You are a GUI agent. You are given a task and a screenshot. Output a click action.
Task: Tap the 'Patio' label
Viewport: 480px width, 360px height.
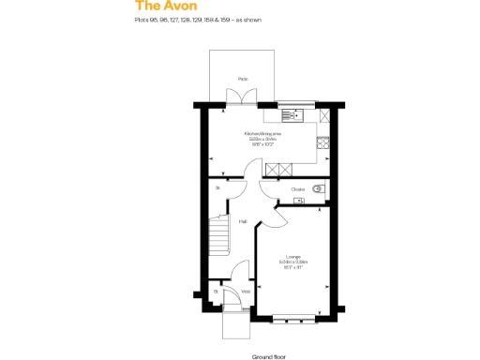(x=243, y=80)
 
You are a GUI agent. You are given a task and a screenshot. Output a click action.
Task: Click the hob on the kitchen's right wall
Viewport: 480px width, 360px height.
(x=324, y=143)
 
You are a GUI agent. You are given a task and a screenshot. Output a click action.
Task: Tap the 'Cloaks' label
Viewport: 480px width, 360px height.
(x=297, y=189)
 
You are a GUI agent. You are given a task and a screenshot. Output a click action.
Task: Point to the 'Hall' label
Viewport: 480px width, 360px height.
(x=243, y=222)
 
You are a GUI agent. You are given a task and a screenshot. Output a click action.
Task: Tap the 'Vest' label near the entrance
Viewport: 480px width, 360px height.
(x=246, y=292)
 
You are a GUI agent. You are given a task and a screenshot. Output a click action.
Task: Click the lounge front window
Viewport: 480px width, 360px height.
(x=294, y=316)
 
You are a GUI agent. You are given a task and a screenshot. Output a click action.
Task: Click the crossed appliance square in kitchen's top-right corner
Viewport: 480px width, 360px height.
(x=325, y=115)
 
